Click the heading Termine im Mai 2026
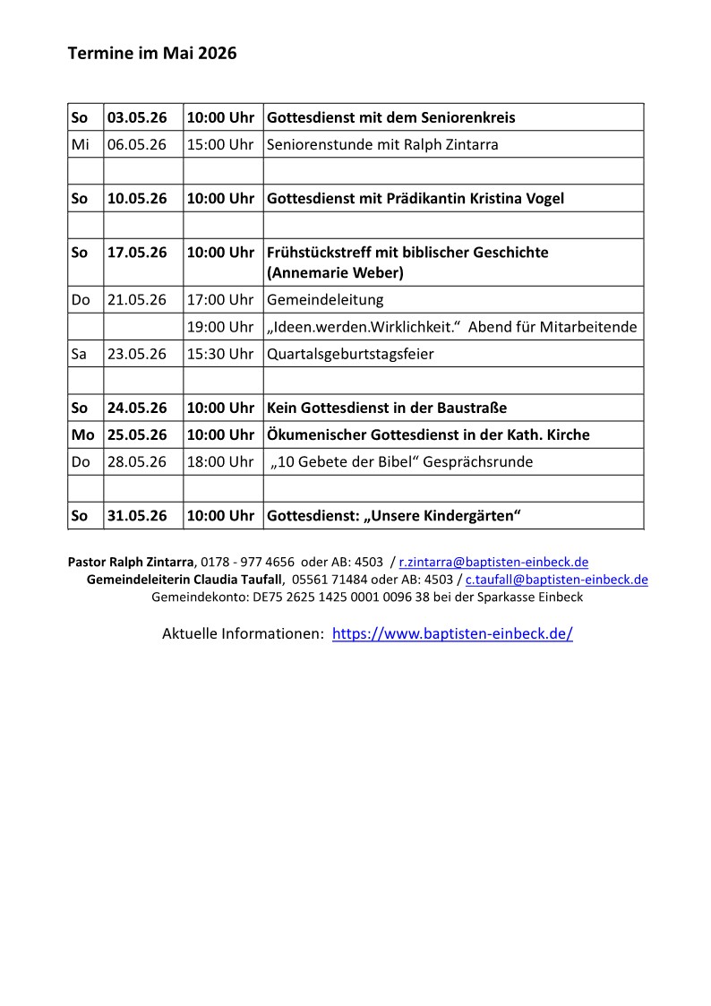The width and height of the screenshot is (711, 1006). (x=152, y=54)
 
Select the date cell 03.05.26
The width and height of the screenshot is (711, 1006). (x=137, y=117)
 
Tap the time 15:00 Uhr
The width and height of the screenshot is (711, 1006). (x=220, y=144)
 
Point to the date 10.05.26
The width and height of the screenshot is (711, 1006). (x=137, y=198)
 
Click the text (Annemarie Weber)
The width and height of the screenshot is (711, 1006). (x=329, y=271)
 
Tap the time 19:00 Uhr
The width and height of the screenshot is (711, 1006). (x=220, y=327)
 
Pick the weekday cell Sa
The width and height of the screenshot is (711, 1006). (x=80, y=354)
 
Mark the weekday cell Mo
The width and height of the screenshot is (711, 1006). (x=82, y=434)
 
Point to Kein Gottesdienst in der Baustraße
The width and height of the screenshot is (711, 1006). (x=387, y=408)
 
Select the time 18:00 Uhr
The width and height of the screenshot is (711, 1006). (x=220, y=462)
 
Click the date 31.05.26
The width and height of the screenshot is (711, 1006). (x=137, y=516)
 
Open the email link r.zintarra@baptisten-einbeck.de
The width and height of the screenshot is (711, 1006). (x=493, y=563)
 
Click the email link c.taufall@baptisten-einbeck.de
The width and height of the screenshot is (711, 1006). (x=556, y=580)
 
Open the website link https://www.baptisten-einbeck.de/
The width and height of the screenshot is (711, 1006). (x=452, y=634)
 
